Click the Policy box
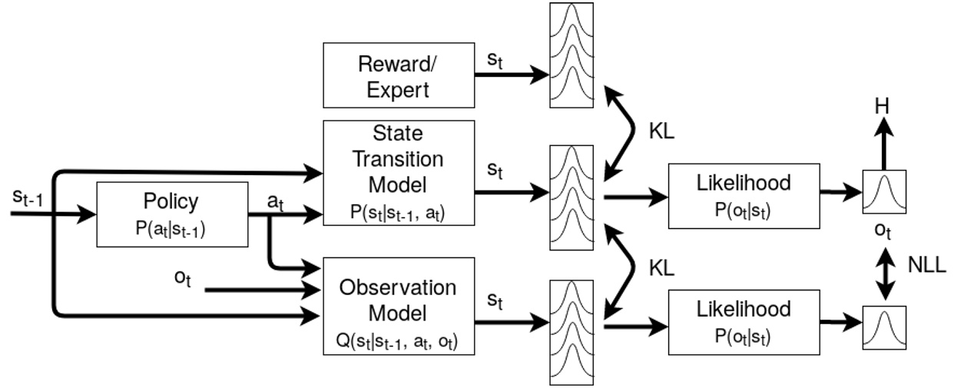[171, 214]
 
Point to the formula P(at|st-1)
[171, 228]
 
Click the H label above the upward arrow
[883, 105]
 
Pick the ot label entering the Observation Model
[183, 279]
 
